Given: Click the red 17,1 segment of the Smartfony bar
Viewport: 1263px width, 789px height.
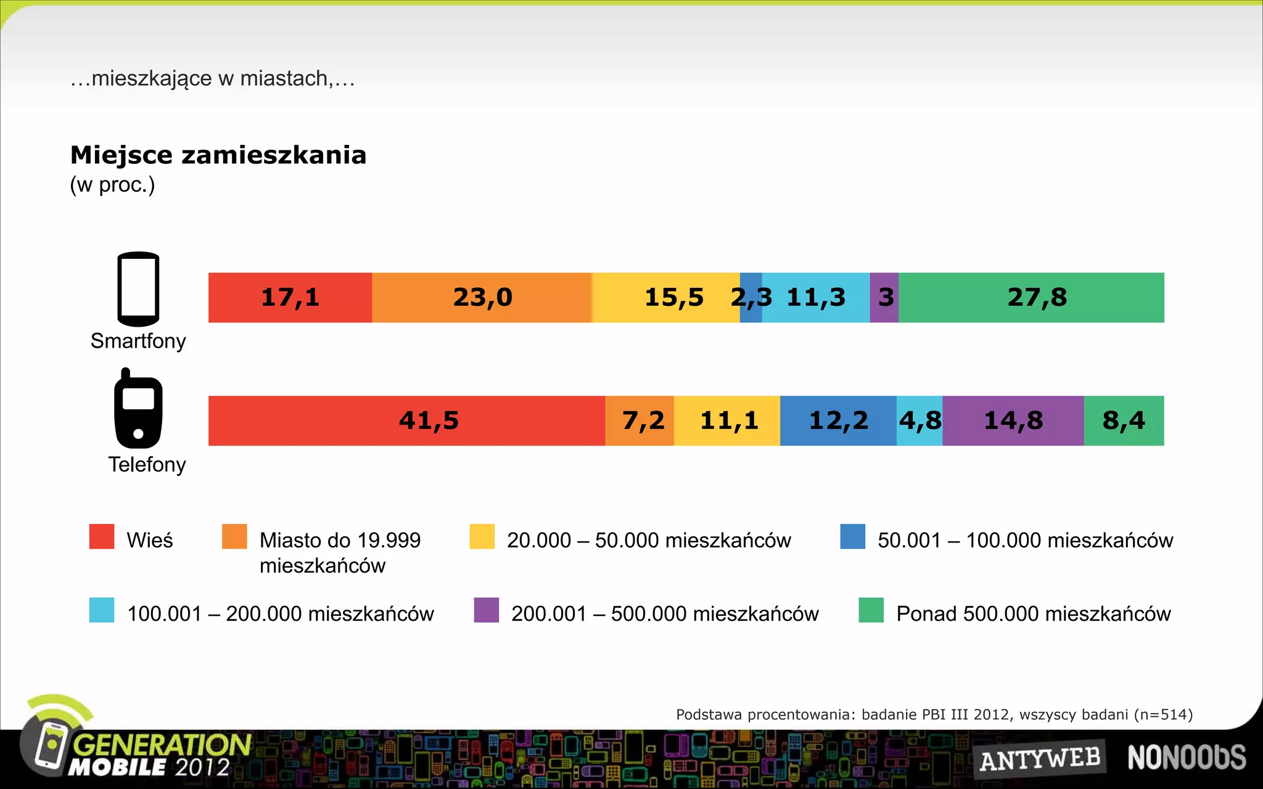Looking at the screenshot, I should coord(290,298).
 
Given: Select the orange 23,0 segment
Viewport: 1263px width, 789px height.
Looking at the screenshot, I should coord(482,298).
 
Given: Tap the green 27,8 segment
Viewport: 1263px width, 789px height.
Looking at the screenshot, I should coord(1031,298).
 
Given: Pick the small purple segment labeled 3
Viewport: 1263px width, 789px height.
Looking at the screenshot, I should coord(884,298).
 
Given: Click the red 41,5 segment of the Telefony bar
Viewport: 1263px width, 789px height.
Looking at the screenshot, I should coord(407,421).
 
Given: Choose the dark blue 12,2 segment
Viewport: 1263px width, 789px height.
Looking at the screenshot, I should coord(837,421).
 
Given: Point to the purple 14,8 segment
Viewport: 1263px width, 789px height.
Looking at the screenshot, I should coord(1013,421).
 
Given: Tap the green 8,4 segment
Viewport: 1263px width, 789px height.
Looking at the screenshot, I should coord(1124,421).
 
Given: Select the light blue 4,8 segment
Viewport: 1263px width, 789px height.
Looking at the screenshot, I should coord(919,421).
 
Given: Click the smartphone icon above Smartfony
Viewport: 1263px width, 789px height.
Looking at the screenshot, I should coord(138,288).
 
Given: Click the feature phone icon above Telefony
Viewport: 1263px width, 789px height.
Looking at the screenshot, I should coord(138,409).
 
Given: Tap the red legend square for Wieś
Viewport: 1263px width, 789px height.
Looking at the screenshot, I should coord(102,536).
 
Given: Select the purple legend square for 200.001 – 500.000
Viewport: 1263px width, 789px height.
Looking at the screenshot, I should coord(486,610).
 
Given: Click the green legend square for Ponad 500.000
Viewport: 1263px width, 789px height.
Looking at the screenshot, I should coord(871,610).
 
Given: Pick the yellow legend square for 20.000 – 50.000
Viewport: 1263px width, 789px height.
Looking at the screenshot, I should coord(482,536).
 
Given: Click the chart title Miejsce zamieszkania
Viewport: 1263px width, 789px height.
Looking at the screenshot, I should coord(218,155).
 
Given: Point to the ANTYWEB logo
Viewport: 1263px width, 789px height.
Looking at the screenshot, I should coord(1040,759).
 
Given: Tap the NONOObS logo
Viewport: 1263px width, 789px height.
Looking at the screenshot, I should coord(1187,758).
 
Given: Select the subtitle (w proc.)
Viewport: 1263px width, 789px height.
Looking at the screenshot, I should coord(112,185).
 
